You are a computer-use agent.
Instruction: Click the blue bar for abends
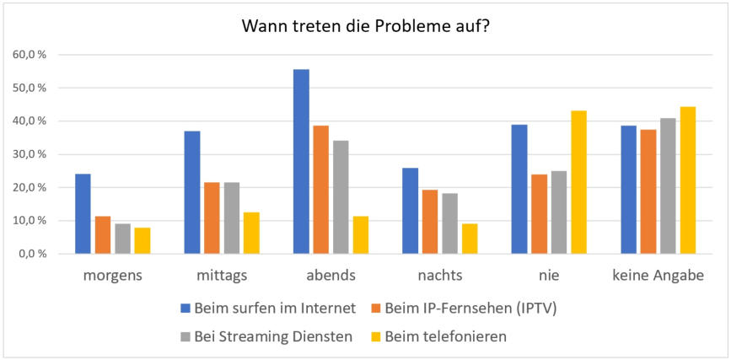(301, 161)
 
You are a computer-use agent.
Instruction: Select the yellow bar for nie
(578, 182)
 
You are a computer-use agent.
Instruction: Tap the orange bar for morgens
(103, 235)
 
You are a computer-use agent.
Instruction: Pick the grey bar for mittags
(232, 218)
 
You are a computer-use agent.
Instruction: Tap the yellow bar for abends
(360, 235)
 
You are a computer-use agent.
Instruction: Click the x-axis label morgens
(112, 277)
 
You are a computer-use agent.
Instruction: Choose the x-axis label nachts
(439, 277)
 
